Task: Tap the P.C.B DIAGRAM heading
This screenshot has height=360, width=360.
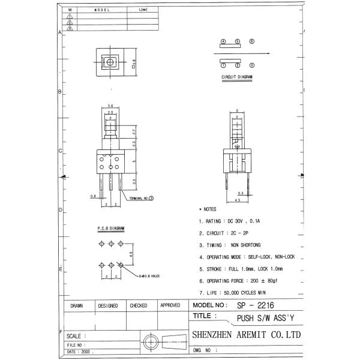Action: pos(110,229)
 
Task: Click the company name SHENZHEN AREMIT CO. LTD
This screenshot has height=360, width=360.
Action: pos(245,335)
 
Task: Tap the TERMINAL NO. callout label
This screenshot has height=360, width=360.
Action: pos(139,197)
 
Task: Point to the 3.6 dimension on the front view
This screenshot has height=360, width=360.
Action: pos(110,106)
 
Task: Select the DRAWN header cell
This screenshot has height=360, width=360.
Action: pos(76,305)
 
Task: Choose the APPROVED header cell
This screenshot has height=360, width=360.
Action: pos(170,305)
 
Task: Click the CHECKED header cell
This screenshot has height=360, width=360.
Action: pos(138,305)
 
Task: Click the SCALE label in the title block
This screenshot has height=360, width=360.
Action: pos(76,335)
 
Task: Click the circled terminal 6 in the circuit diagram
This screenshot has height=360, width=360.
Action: pos(252,42)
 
